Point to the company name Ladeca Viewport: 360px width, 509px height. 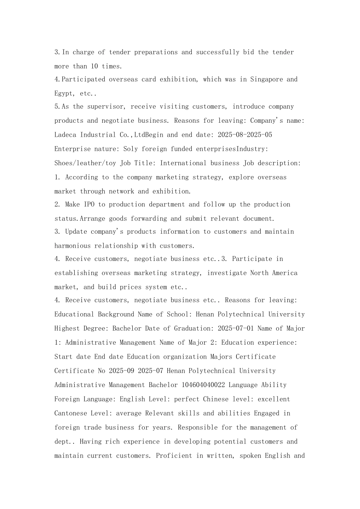(66, 135)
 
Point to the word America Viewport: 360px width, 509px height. (285, 273)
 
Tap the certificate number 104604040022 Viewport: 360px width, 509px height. (203, 385)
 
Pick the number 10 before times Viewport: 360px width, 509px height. (94, 66)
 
